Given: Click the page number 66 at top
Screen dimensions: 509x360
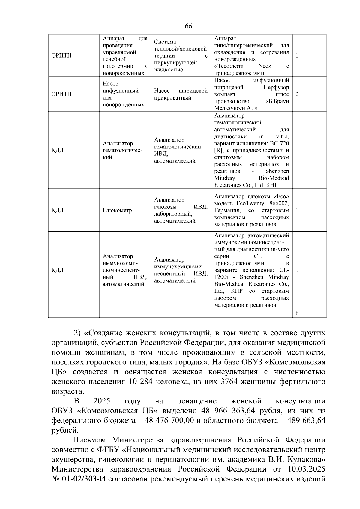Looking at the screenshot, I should pyautogui.click(x=188, y=26).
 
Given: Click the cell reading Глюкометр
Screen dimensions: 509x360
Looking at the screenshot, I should pyautogui.click(x=117, y=210).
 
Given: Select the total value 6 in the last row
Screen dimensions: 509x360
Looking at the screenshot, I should pyautogui.click(x=297, y=313).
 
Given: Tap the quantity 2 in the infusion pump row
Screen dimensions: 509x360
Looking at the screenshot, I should pyautogui.click(x=297, y=94).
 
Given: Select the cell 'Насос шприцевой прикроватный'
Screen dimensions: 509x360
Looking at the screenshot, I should pyautogui.click(x=181, y=94).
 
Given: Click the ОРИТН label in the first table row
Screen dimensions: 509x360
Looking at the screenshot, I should pyautogui.click(x=61, y=56).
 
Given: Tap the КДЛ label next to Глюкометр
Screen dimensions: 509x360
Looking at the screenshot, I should pyautogui.click(x=58, y=210).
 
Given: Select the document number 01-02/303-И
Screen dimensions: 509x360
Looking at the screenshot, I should pyautogui.click(x=80, y=479).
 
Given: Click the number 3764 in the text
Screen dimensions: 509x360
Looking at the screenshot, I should pyautogui.click(x=230, y=382).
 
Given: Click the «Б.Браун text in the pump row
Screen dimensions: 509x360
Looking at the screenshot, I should pyautogui.click(x=275, y=101).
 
